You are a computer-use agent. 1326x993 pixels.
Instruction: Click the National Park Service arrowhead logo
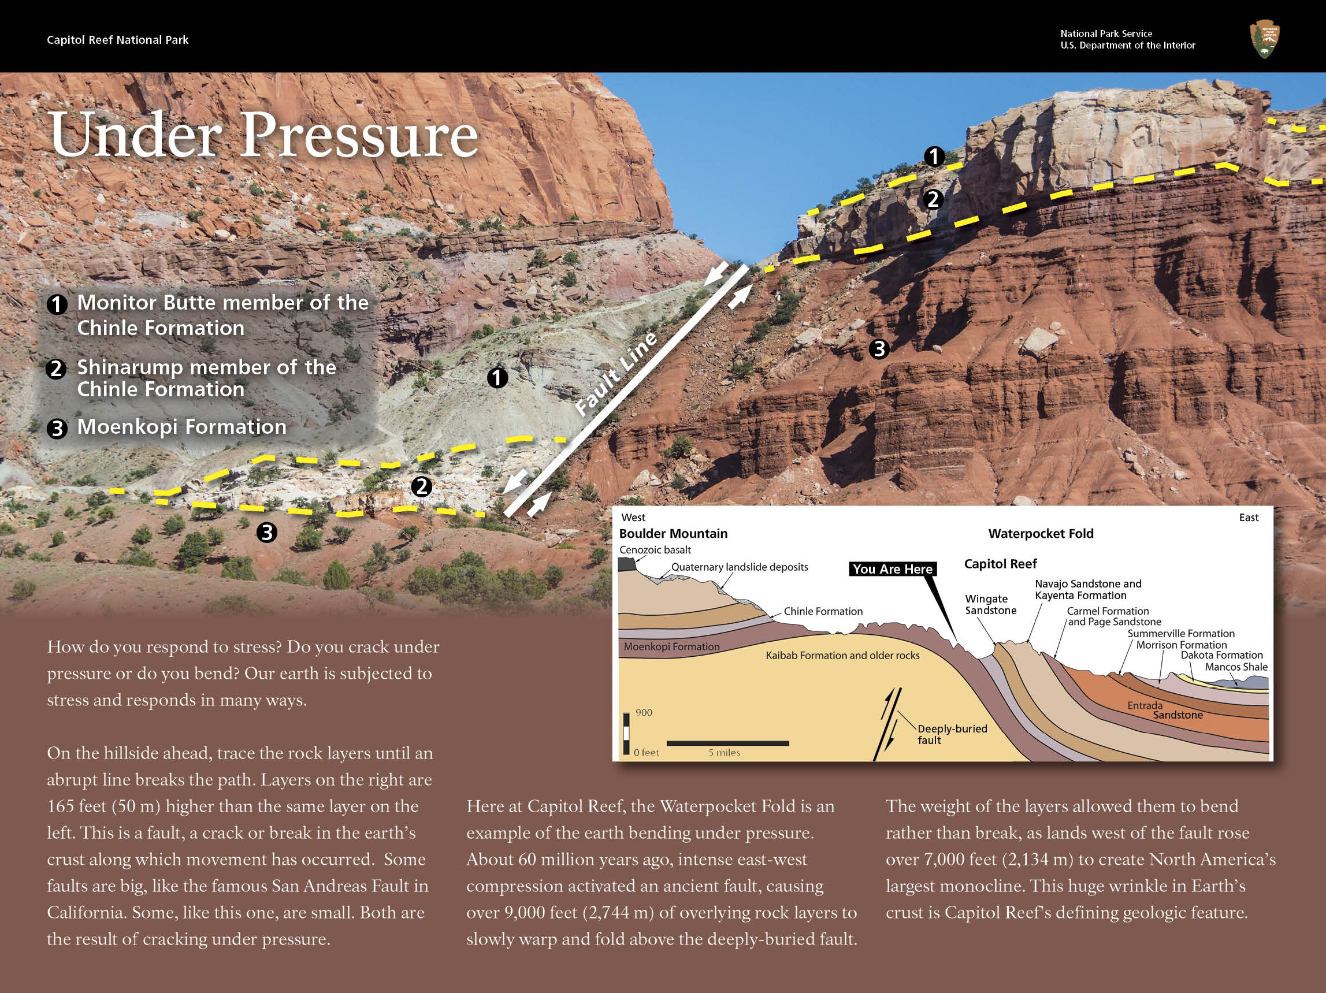tap(1264, 39)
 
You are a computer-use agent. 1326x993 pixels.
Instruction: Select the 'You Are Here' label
tap(892, 569)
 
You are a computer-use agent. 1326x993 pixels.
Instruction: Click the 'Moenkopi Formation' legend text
tap(181, 427)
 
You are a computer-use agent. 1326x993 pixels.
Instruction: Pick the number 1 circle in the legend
tap(57, 304)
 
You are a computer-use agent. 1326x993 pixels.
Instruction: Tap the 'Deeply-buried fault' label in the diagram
tap(952, 734)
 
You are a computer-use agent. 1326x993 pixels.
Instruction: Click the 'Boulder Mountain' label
tap(673, 533)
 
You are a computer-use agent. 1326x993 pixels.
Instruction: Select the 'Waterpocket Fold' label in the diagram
tap(1040, 533)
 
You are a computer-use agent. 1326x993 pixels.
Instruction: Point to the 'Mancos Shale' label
tap(1236, 667)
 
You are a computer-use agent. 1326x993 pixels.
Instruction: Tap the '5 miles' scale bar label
tap(723, 753)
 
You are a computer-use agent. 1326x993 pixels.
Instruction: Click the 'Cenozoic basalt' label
tap(655, 549)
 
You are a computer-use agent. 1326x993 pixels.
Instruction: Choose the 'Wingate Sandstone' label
tap(990, 604)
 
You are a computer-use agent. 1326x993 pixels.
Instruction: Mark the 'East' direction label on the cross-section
tap(1248, 517)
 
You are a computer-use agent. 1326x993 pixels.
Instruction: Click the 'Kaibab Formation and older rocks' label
tap(842, 656)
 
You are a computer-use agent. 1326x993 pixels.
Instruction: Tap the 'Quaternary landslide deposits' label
tap(739, 567)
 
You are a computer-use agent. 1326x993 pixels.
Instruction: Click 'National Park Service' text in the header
tap(1105, 34)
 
